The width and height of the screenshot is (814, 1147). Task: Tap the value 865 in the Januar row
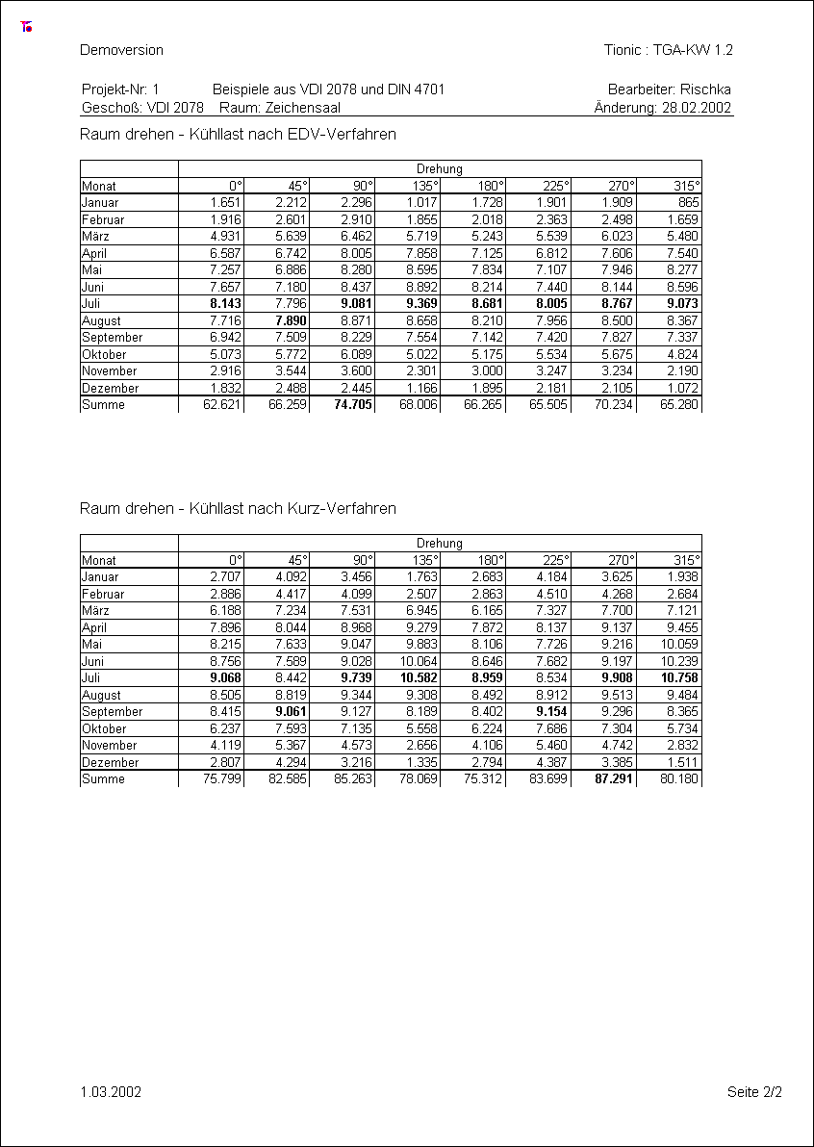[x=688, y=203]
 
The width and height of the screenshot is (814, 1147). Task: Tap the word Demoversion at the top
[x=122, y=50]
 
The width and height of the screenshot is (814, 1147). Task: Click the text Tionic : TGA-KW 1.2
[x=669, y=50]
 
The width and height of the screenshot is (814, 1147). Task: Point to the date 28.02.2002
[x=698, y=109]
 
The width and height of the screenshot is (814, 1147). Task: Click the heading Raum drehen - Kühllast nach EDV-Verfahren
[x=239, y=135]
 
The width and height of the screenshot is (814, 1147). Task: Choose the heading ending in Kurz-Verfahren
[x=239, y=508]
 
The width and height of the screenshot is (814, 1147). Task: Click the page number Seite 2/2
[x=754, y=1092]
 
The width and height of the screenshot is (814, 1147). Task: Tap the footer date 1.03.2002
[x=112, y=1092]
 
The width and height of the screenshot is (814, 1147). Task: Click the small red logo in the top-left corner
[x=26, y=27]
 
